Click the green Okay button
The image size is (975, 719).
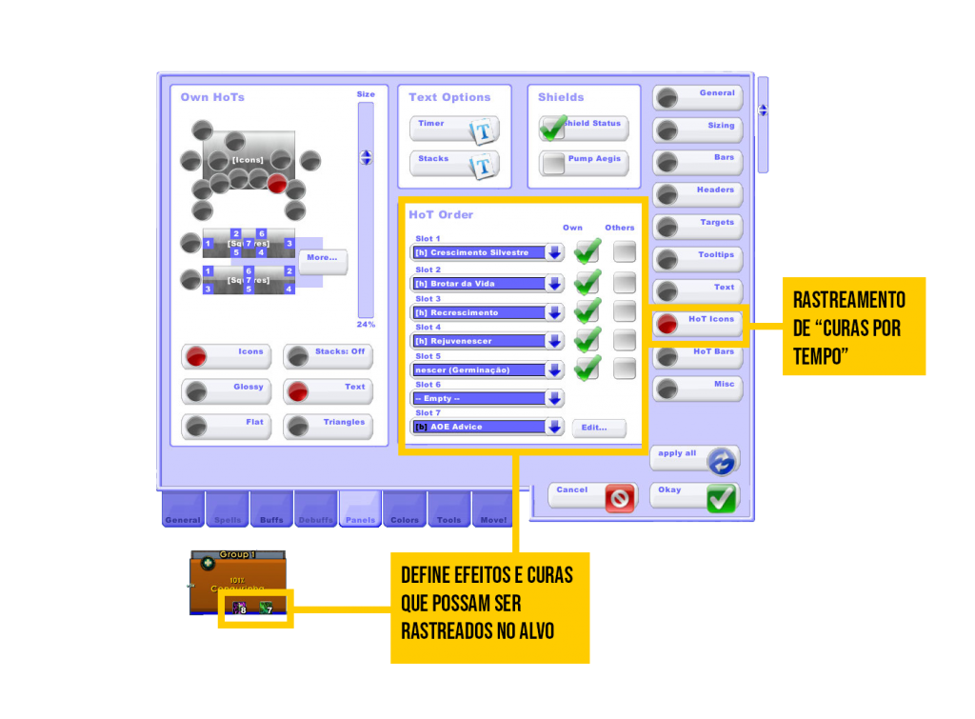click(695, 495)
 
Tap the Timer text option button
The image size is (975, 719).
click(454, 129)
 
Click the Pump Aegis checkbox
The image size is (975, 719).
click(553, 163)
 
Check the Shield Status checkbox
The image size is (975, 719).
click(553, 128)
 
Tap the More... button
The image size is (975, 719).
click(323, 260)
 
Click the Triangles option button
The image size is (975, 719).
click(328, 426)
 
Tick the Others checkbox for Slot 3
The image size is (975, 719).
click(625, 310)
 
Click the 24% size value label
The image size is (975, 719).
click(366, 325)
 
